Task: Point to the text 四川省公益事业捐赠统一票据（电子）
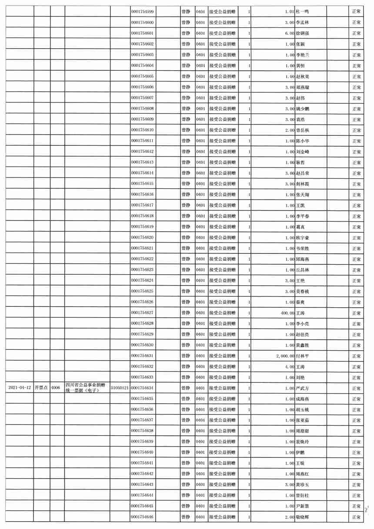(x=86, y=388)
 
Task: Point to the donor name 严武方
(x=303, y=388)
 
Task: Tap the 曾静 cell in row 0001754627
(x=186, y=312)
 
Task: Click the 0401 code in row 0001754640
(x=200, y=452)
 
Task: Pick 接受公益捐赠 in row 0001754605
(x=222, y=76)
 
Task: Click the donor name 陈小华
(x=303, y=141)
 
